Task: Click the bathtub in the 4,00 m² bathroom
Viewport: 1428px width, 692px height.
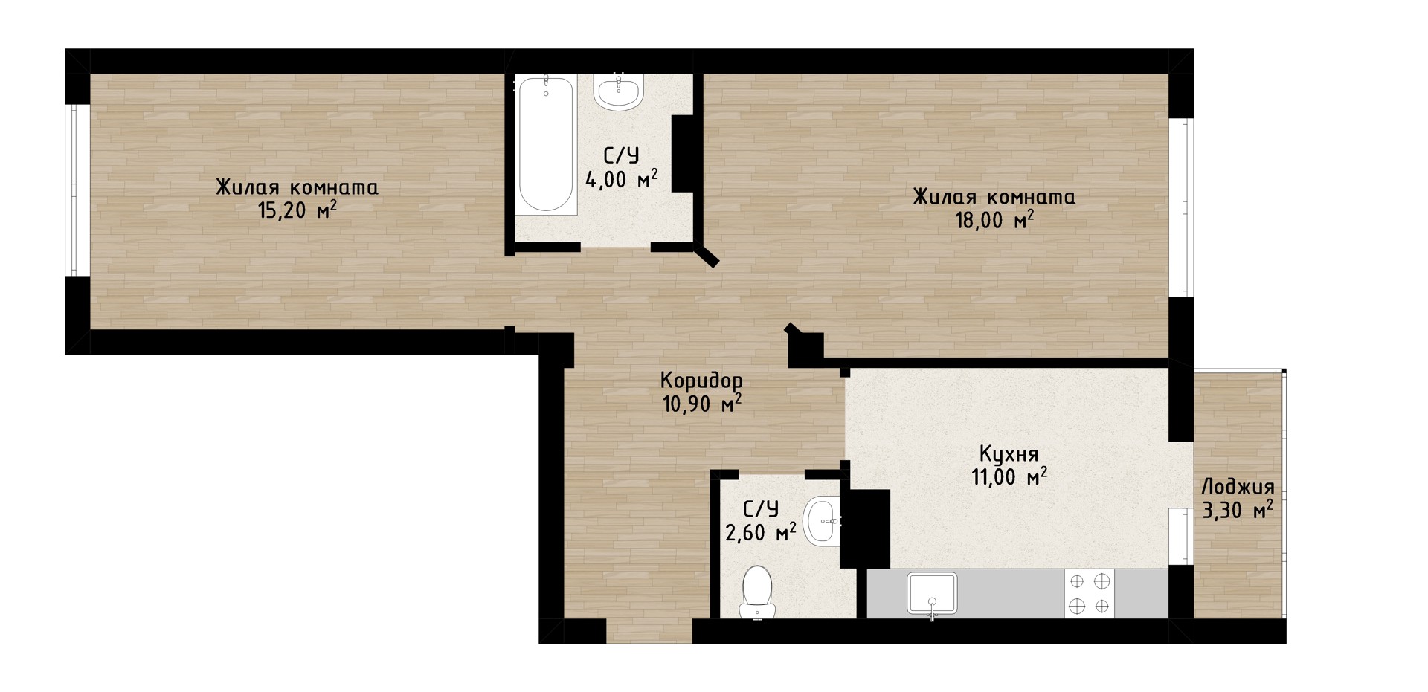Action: coord(546,145)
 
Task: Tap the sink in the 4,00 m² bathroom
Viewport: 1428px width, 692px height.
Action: coord(618,92)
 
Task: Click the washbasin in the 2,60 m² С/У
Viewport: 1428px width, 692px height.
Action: coord(822,520)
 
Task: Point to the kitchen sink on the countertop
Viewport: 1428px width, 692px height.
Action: coord(932,594)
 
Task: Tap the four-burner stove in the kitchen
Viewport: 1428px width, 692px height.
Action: coord(1090,594)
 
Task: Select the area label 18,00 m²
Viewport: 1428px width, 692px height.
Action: coord(994,221)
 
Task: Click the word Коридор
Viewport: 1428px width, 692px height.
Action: coord(701,381)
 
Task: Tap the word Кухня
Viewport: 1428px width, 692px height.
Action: coord(1009,454)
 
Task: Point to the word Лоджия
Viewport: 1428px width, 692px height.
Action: coord(1238,488)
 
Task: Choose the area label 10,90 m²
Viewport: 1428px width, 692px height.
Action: coord(701,404)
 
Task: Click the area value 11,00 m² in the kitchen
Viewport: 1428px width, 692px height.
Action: coord(1009,476)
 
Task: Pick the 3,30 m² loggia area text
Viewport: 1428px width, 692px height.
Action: coord(1238,511)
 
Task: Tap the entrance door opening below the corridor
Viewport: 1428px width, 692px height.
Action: coord(649,631)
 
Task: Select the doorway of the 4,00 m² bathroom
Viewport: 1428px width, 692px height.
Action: coord(616,248)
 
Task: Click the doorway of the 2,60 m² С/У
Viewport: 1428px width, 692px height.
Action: coord(772,474)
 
